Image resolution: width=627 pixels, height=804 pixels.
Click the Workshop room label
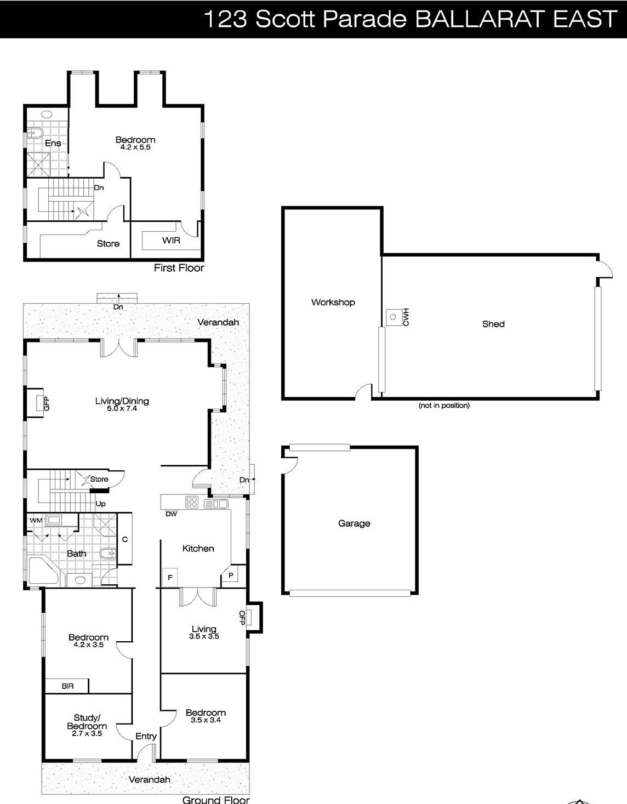click(x=333, y=302)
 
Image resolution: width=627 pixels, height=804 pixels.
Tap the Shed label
click(x=493, y=324)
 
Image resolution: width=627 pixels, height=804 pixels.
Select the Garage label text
click(x=354, y=523)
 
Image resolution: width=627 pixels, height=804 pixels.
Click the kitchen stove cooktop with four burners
click(x=192, y=502)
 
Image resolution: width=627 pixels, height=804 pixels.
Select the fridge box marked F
click(x=170, y=578)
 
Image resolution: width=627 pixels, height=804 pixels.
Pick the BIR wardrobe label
click(x=67, y=686)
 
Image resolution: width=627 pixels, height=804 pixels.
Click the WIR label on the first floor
click(x=170, y=240)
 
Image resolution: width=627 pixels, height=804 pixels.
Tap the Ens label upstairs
click(x=53, y=143)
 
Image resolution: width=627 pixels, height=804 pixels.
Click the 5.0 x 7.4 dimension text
click(x=122, y=408)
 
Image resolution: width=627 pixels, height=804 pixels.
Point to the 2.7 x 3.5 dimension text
click(x=88, y=733)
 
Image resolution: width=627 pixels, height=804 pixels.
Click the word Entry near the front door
click(x=146, y=736)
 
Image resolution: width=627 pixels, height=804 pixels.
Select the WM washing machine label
click(x=36, y=520)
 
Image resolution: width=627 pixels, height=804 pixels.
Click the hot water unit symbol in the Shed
click(x=393, y=317)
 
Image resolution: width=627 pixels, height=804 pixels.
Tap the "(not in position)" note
click(x=443, y=406)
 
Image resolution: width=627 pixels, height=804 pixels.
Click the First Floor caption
click(x=179, y=268)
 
